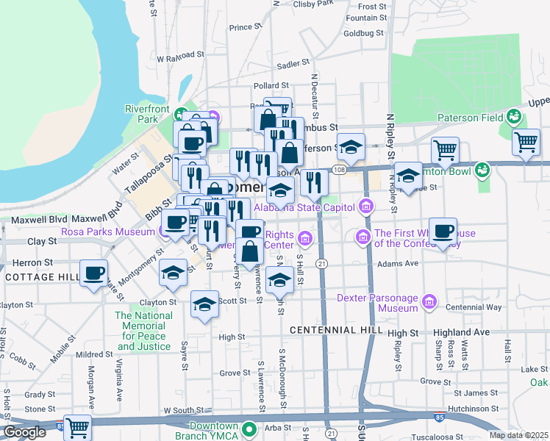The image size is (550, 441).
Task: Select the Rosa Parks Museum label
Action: pos(107,230)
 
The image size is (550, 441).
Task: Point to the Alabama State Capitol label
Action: pos(306,207)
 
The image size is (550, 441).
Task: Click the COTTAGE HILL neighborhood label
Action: pos(40,276)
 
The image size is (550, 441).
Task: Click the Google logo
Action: pos(25,432)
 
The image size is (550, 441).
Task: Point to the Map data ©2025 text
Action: pos(518,435)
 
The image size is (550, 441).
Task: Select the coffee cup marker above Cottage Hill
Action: pos(94,275)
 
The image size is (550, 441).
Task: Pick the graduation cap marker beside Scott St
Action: pos(204,306)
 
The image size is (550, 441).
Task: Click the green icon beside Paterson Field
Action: pos(513,116)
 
